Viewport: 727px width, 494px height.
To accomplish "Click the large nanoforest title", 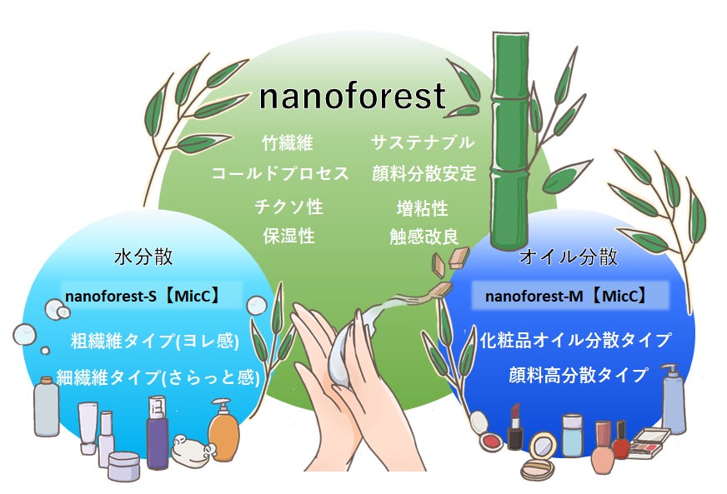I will pos(353,97).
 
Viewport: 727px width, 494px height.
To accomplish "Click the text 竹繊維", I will pos(287,142).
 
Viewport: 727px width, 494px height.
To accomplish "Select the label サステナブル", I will pos(423,142).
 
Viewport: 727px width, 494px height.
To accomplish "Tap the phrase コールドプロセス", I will pos(279,174).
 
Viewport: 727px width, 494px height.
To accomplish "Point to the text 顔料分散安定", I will pos(424,174).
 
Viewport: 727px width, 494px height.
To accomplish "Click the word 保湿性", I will pos(288,236).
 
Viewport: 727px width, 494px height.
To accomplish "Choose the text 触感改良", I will pos(424,237).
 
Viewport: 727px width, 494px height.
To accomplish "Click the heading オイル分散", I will pos(569,257).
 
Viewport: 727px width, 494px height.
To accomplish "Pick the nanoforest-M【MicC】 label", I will pos(566,296).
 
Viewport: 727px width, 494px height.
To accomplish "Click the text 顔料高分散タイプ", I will pos(578,375).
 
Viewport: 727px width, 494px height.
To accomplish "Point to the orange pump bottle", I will pos(223,431).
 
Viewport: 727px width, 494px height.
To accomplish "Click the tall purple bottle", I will pos(157,432).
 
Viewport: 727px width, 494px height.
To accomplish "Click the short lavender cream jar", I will pos(124,466).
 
